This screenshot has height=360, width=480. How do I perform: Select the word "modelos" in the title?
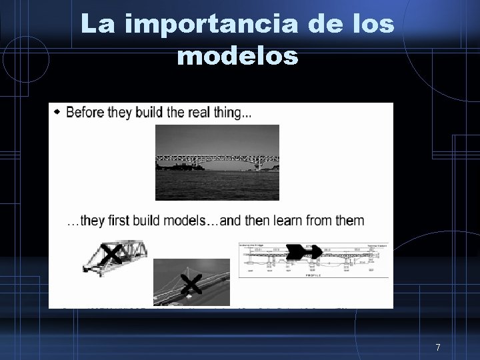238,57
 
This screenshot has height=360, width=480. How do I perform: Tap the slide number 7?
438,347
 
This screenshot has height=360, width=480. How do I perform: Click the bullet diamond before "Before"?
57,112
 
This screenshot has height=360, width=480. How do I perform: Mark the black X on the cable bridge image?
191,285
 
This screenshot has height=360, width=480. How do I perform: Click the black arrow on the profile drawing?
304,251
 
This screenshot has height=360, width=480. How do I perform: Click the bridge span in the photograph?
217,160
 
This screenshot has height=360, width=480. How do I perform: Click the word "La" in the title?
95,25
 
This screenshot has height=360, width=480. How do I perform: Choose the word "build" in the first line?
149,113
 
